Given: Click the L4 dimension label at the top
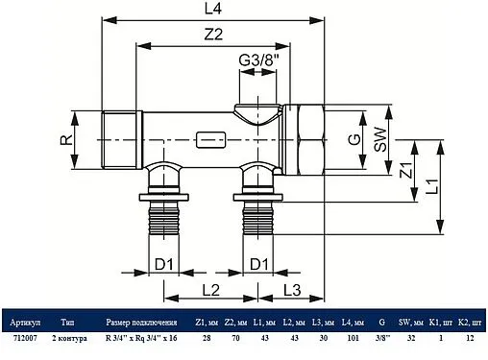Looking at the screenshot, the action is point(213,9).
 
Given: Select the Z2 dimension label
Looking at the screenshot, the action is point(213,35).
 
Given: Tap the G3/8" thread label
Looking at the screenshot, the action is point(258,60).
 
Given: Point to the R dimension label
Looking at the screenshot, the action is point(66,140).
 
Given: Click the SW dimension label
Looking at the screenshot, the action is point(380,139).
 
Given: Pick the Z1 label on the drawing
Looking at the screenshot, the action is point(406,170).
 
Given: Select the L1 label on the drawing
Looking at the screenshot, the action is point(432,186).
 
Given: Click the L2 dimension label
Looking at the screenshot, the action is point(211,290).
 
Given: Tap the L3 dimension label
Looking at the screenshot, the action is point(292,290).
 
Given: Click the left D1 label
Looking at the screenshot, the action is point(163,264).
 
